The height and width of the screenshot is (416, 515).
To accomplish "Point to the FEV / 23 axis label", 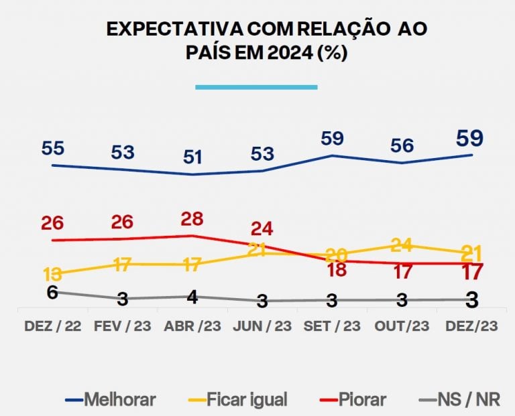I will click(122, 326).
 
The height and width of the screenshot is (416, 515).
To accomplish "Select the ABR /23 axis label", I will click(192, 326).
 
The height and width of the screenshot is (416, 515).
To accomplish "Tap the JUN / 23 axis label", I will click(262, 326).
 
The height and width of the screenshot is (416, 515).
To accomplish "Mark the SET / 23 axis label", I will click(332, 326).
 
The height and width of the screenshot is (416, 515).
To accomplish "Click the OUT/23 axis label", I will click(402, 326).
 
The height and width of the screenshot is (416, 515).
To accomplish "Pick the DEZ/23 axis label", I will click(471, 326).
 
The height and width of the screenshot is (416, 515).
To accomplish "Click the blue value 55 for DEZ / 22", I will click(52, 149).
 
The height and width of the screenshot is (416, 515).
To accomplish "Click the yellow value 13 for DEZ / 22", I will click(53, 275).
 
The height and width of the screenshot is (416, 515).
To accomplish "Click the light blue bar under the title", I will click(256, 86).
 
